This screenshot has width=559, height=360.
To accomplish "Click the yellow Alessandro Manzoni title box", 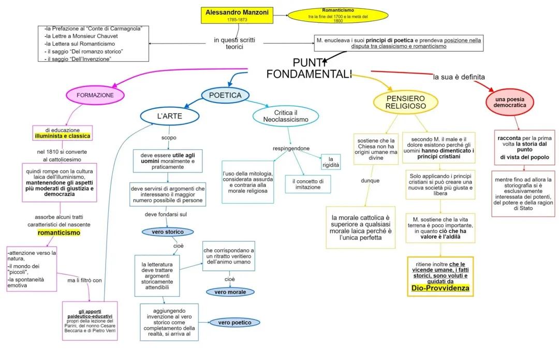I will (237, 15).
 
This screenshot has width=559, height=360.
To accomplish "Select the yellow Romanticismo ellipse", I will (337, 15).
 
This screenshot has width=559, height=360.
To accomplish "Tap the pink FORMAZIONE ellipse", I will (95, 95).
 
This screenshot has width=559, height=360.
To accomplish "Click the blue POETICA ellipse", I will (225, 95).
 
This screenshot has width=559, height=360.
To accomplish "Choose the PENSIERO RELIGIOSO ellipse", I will (405, 102).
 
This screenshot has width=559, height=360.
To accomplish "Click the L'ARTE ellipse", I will (170, 116).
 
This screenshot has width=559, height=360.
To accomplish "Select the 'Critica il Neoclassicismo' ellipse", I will (285, 116).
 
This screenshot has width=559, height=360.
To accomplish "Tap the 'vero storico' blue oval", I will (168, 232).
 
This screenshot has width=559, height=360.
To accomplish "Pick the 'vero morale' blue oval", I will (230, 292).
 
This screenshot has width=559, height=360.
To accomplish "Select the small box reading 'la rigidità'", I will (331, 162).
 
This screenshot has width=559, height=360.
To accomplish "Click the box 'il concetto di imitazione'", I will (307, 184).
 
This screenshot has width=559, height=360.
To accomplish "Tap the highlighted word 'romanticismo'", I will (59, 233).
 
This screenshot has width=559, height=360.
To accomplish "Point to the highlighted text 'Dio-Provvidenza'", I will (440, 288).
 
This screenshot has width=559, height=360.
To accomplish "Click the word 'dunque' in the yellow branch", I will (370, 181).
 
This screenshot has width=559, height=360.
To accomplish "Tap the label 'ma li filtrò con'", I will (85, 280).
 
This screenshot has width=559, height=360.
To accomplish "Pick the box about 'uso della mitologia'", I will (247, 182).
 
